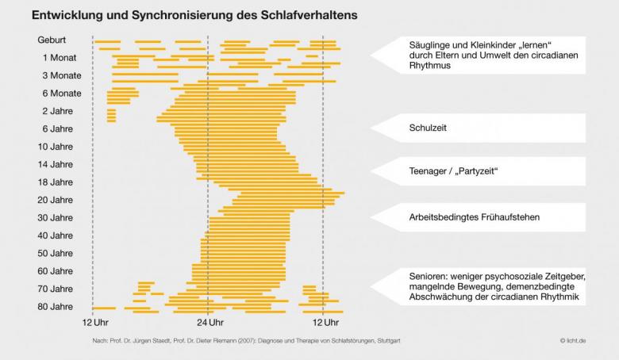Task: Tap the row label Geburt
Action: (52, 40)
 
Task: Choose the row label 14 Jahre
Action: (55, 164)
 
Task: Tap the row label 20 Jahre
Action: (55, 200)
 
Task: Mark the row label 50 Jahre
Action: (55, 253)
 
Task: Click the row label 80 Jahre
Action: (55, 306)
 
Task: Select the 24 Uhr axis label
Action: (209, 323)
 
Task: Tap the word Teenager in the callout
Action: (431, 171)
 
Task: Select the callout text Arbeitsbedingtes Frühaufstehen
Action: (475, 217)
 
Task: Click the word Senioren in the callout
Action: (432, 276)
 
